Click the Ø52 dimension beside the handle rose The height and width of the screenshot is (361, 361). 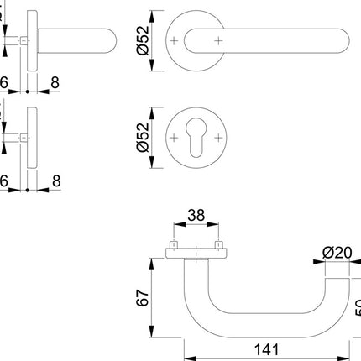143,40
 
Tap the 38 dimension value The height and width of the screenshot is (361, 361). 195,214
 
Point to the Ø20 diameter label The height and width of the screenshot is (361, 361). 336,250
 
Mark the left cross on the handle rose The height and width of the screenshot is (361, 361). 174,40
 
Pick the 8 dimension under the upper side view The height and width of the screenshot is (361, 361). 55,84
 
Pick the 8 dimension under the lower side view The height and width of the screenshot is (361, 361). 55,180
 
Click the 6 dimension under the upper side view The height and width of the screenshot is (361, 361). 4,84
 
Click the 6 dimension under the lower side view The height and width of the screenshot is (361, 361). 4,180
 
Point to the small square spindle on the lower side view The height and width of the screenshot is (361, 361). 24,136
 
